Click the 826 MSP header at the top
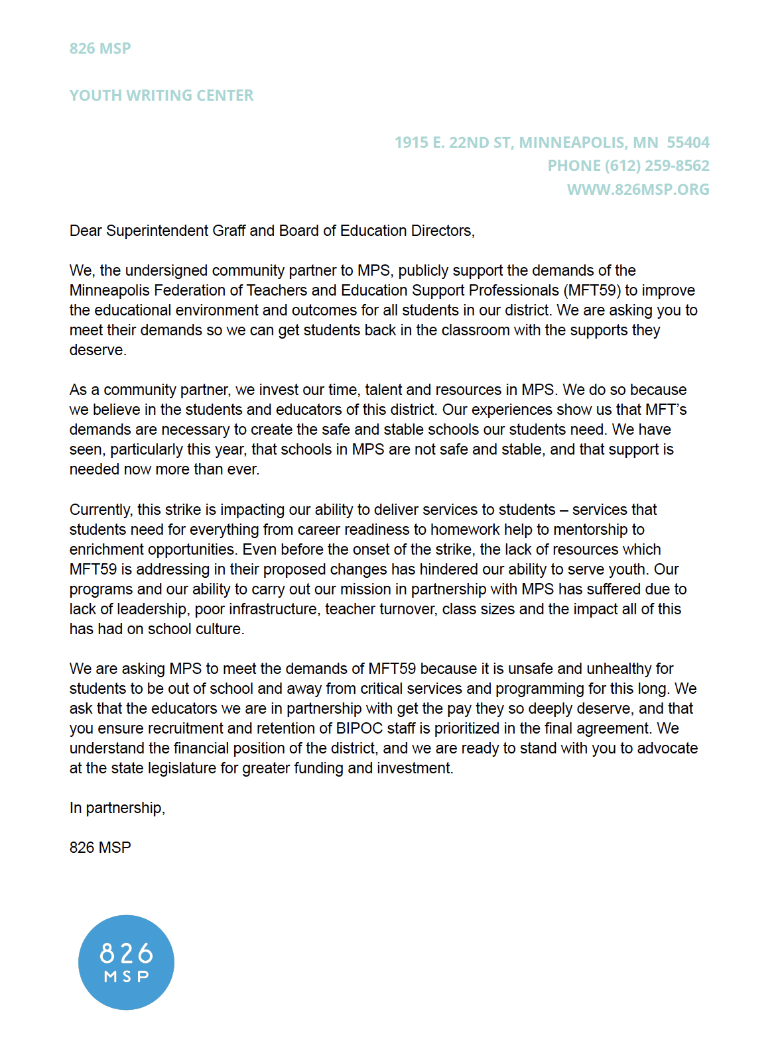click(x=100, y=48)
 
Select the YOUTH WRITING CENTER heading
click(x=161, y=95)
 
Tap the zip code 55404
click(x=688, y=142)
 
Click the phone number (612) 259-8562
click(x=657, y=166)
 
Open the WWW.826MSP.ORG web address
click(x=638, y=190)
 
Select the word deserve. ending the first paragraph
click(x=97, y=350)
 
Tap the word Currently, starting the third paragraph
click(x=101, y=510)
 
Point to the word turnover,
click(x=408, y=609)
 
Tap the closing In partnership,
click(x=117, y=808)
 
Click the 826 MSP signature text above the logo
click(x=100, y=848)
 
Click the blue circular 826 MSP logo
click(x=126, y=962)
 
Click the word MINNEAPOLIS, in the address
click(x=573, y=142)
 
